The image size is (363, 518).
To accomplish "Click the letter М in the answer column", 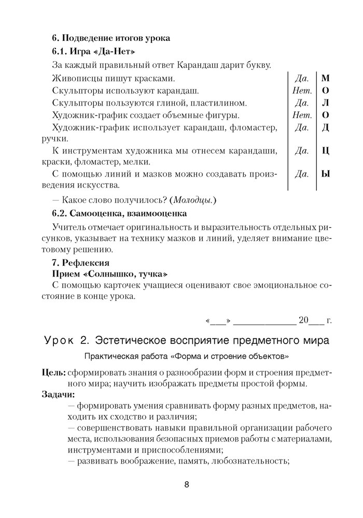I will [326, 79].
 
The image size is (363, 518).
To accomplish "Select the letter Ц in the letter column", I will [326, 151].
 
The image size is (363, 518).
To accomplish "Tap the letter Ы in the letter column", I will [326, 174].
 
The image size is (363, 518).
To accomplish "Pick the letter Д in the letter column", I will [326, 127].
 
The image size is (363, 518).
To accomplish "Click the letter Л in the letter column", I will [326, 103].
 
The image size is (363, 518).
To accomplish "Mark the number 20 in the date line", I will [303, 319].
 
